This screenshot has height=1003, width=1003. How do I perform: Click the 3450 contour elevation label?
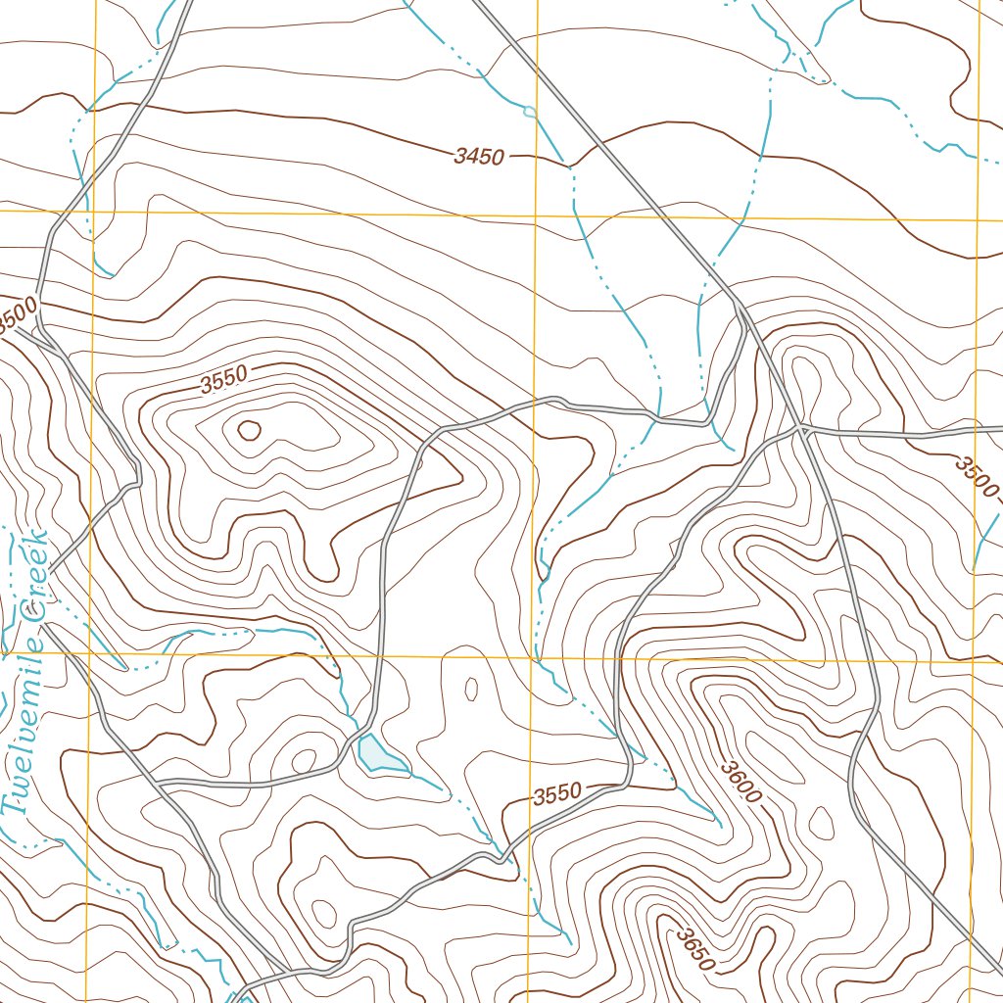(479, 157)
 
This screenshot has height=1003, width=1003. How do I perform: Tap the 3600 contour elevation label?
(740, 782)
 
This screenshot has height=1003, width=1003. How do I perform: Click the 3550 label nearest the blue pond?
(558, 793)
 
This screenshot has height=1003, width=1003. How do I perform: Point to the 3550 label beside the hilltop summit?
(223, 380)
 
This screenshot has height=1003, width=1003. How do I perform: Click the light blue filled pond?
(381, 755)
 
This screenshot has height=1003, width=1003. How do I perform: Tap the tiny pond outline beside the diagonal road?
(530, 112)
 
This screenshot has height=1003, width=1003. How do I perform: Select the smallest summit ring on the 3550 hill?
(248, 429)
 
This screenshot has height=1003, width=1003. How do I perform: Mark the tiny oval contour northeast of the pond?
(470, 689)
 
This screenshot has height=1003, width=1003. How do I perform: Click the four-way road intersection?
(802, 428)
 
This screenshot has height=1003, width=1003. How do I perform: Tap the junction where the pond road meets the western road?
(159, 784)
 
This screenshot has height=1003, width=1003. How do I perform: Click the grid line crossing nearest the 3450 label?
(536, 213)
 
